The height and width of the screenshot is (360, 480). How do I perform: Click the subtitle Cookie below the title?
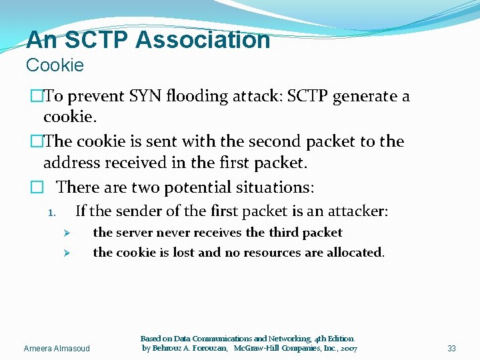[x=55, y=65]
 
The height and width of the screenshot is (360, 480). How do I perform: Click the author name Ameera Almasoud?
[x=56, y=349]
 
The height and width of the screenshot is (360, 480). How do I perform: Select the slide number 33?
[x=451, y=349]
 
